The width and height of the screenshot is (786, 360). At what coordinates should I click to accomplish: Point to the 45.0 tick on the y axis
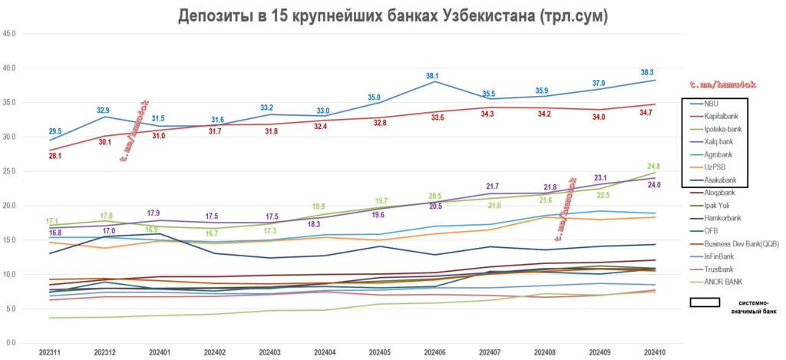coord(10,34)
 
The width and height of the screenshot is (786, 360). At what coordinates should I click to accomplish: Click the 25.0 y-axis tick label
coord(10,171)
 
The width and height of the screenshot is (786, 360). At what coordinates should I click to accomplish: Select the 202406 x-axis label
coord(433,351)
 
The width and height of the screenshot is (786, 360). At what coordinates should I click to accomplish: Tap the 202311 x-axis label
coord(51,351)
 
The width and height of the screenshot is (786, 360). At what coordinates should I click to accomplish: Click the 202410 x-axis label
coord(653,351)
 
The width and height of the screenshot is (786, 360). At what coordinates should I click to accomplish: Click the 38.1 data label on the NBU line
coord(432,76)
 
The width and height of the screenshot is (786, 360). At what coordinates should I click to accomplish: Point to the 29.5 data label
coord(55,131)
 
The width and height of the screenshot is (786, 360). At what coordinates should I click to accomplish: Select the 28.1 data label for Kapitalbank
coord(55,156)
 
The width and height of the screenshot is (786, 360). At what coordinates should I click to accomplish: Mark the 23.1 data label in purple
coord(601,178)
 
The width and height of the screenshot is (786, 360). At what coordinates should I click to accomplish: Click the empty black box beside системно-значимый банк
coord(704,302)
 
